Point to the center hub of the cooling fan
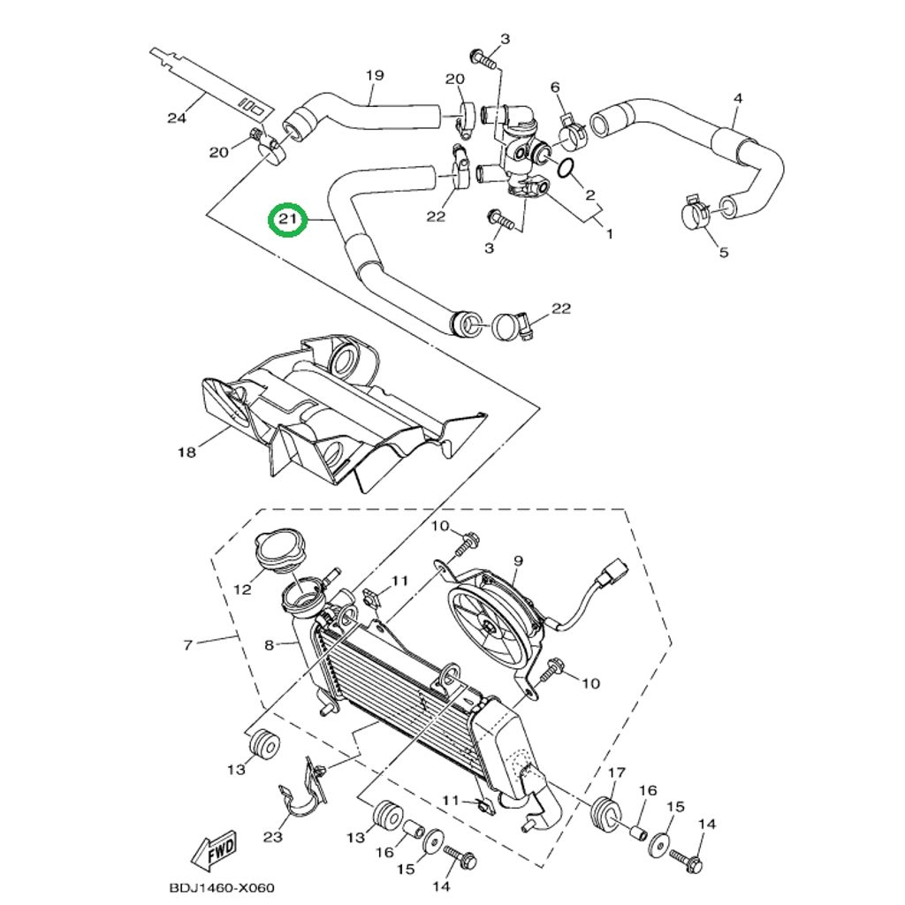489,627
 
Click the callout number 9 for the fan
518,560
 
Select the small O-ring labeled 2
567,167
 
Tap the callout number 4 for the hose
738,98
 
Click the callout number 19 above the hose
374,75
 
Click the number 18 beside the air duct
186,452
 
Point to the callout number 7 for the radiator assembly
187,645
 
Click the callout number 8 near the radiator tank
270,645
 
